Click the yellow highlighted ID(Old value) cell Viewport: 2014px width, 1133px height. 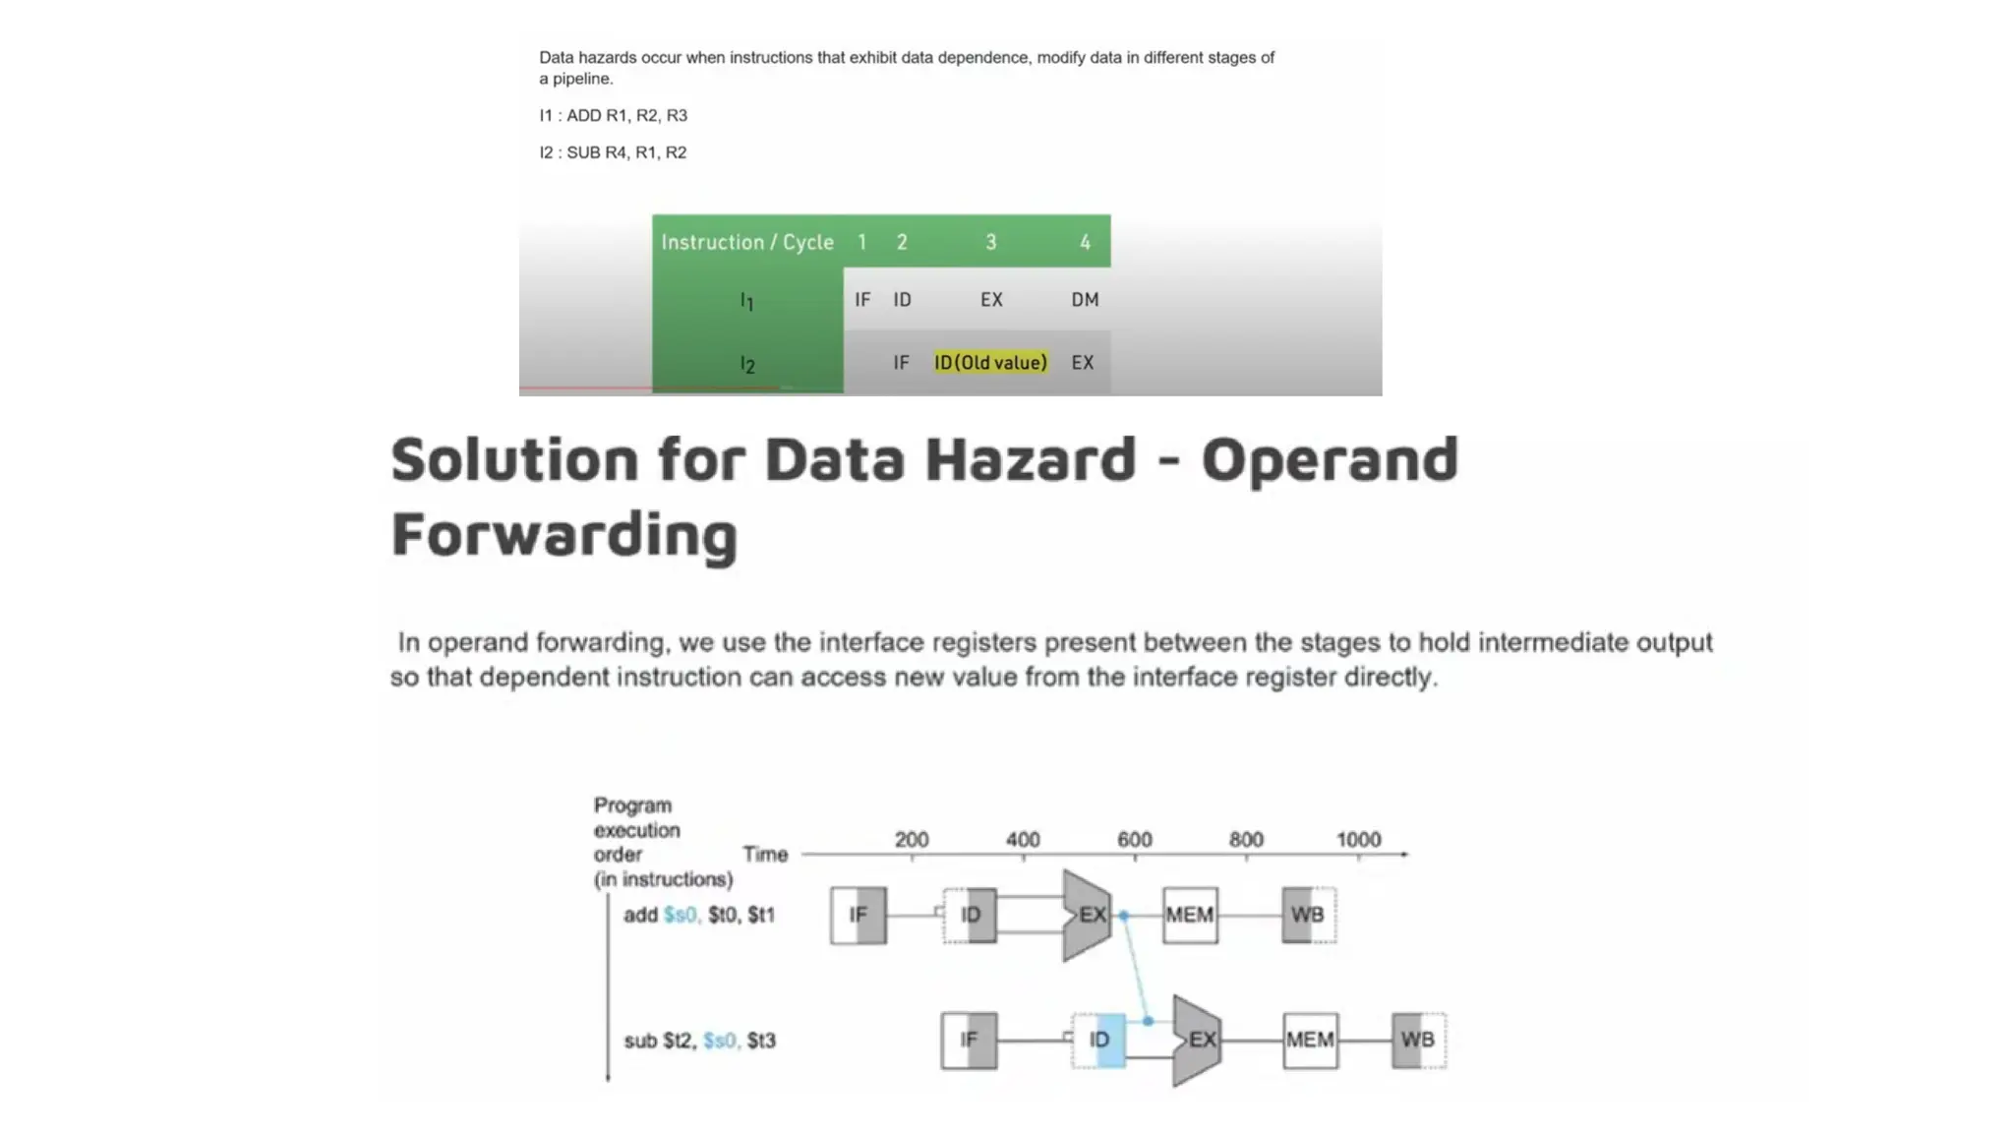pos(990,363)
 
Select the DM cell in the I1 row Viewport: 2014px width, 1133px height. pos(1085,300)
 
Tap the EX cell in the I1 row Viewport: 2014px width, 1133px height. pos(991,300)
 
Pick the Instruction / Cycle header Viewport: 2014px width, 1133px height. pos(747,242)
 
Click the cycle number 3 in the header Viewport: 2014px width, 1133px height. pos(991,242)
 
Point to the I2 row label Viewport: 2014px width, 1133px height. pos(747,365)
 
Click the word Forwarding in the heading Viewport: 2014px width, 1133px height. pos(564,534)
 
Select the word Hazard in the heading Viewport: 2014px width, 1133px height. pos(1031,459)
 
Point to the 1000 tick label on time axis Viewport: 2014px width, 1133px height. pos(1358,840)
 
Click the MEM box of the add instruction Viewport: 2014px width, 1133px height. pos(1190,916)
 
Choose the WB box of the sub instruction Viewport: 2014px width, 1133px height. pos(1418,1041)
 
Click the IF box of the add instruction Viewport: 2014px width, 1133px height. pos(859,916)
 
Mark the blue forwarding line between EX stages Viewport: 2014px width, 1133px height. pos(1136,969)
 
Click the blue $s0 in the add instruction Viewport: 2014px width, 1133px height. pos(681,916)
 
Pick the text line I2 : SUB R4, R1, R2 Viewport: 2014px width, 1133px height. pos(613,152)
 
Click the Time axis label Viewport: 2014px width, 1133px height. pos(765,855)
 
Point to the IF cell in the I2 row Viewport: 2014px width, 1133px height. pos(901,363)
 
